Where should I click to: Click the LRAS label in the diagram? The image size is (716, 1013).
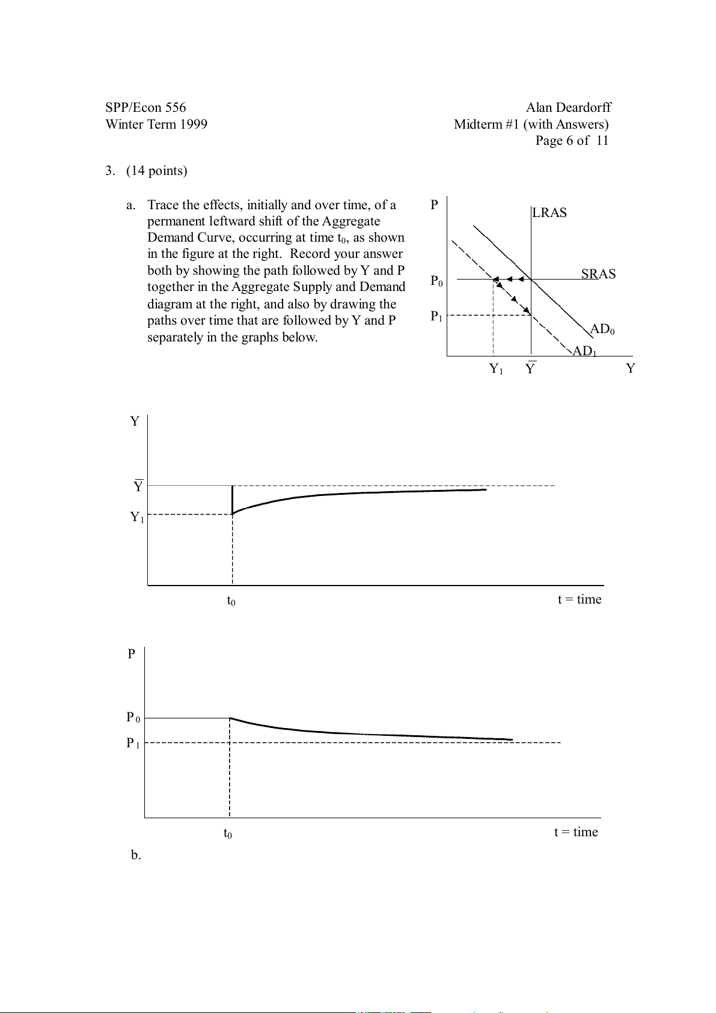point(549,213)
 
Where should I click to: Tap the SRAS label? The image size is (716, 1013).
point(598,274)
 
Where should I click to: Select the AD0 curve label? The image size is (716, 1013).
point(602,329)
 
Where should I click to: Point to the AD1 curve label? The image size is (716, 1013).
point(584,351)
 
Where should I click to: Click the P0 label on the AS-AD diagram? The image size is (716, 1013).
point(437,281)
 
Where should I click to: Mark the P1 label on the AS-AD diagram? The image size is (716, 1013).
point(436,316)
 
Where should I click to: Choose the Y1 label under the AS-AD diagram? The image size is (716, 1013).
point(496,369)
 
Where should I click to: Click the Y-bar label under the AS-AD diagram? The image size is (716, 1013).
point(530,369)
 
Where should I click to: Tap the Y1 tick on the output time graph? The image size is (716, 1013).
point(138,517)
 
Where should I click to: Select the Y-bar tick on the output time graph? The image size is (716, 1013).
point(138,486)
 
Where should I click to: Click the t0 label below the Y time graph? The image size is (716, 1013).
point(231,601)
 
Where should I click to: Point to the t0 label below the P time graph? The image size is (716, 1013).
point(228,833)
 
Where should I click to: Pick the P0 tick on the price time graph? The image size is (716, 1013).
point(133,717)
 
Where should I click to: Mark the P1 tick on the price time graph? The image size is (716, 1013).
point(133,743)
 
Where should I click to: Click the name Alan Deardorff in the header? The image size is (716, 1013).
point(568,108)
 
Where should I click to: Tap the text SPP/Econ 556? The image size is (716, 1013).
point(145,108)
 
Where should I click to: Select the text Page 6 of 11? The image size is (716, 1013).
point(572,141)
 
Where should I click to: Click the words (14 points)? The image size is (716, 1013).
point(157,171)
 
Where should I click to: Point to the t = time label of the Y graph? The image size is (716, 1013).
point(579,599)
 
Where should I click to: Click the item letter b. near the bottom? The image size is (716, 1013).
point(136,855)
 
